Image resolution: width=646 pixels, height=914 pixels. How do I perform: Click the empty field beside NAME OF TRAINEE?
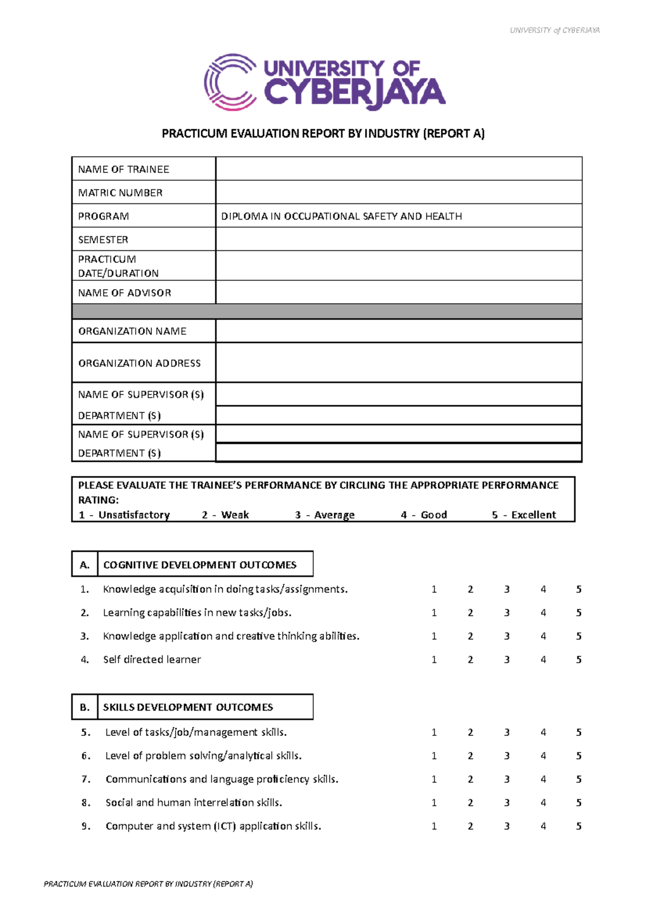point(398,169)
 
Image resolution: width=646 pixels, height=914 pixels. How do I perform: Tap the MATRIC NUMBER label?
point(120,193)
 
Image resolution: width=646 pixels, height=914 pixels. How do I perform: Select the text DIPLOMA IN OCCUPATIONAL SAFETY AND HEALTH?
point(341,216)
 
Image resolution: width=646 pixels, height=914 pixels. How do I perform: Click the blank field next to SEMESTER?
point(398,239)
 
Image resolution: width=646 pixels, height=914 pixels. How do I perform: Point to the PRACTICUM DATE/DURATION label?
point(118,266)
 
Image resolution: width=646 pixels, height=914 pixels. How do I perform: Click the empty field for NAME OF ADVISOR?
point(398,292)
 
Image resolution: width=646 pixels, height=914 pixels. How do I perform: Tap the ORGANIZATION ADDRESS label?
point(139,363)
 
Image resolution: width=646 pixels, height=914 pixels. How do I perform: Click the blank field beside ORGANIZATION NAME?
point(398,331)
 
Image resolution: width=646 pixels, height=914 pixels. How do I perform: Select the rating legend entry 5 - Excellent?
point(523,515)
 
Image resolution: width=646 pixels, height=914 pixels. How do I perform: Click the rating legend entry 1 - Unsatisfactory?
point(124,515)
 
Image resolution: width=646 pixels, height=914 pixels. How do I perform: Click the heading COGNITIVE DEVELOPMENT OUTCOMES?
point(200,565)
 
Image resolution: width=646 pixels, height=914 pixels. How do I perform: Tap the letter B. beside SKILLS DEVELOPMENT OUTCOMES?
point(85,707)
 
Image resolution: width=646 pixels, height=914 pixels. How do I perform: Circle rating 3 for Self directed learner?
point(507,659)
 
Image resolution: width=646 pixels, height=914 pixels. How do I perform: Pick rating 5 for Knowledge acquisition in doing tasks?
point(579,589)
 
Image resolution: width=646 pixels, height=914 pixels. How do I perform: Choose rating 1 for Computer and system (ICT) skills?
point(434,826)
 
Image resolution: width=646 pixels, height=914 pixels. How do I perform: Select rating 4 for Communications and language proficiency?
point(543,779)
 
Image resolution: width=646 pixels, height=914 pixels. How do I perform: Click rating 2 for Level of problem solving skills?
point(471,756)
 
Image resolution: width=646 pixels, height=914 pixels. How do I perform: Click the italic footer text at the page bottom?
point(148,883)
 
